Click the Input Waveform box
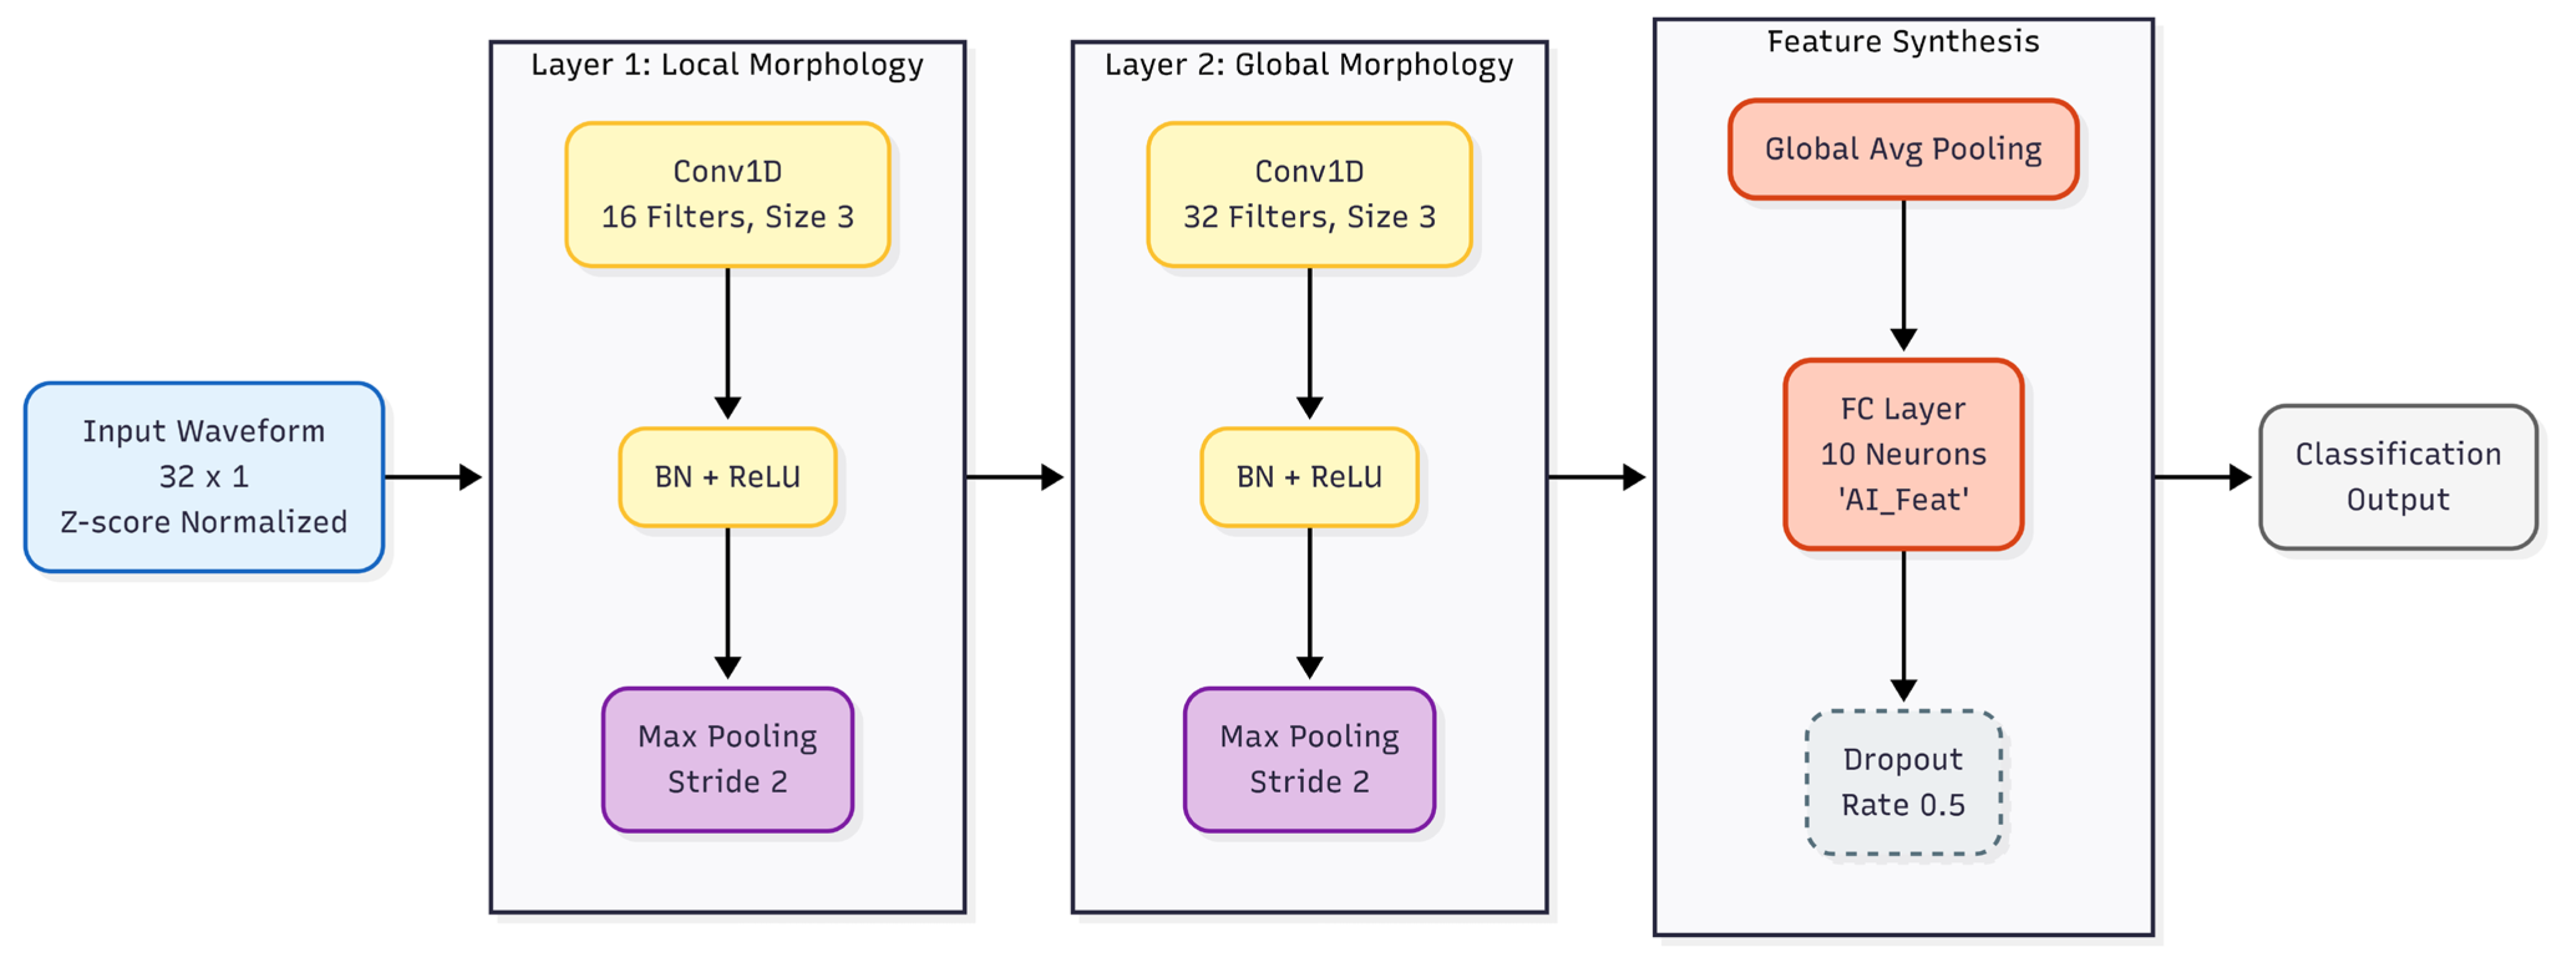click(x=204, y=476)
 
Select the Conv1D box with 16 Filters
click(x=728, y=195)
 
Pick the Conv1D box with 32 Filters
click(x=1310, y=195)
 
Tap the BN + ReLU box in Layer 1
click(x=728, y=476)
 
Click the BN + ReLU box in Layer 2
click(x=1310, y=476)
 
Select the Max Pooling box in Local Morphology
click(x=728, y=760)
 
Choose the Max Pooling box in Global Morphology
click(x=1310, y=760)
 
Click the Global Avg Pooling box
click(x=1904, y=149)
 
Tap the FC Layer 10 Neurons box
click(x=1904, y=455)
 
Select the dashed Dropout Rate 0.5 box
click(x=1904, y=782)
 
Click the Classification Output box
click(x=2398, y=476)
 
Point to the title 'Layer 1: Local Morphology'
click(x=727, y=65)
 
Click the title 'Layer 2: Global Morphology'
click(x=1310, y=65)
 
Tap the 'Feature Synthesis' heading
click(x=1904, y=42)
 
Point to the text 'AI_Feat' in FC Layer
click(x=1904, y=499)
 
